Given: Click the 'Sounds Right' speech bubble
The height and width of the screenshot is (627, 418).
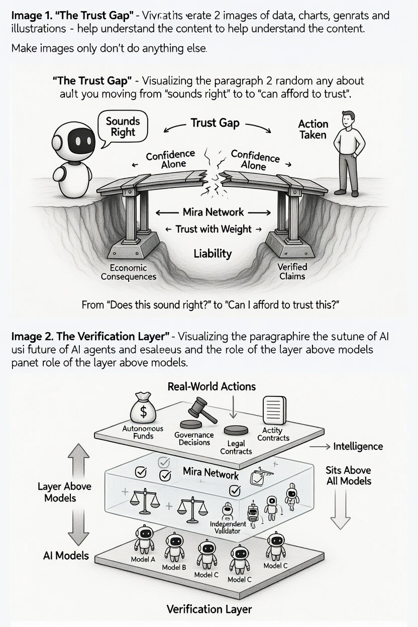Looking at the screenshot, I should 123,127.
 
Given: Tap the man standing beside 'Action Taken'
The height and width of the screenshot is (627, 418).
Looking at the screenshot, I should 349,153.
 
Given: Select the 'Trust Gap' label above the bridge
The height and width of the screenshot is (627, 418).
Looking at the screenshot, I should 215,123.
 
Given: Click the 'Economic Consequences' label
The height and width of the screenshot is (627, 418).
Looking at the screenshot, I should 129,272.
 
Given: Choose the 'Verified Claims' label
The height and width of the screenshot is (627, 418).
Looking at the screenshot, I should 292,271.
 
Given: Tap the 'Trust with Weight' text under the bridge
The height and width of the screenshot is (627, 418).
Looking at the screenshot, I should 214,229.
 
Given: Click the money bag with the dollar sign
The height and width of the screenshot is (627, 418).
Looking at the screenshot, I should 143,409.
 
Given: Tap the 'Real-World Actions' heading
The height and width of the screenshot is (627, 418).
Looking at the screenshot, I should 212,386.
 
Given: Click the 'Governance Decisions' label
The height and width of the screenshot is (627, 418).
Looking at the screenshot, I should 194,439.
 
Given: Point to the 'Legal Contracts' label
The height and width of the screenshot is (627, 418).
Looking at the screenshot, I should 236,447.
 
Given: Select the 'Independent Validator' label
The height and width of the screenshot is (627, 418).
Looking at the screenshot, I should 228,527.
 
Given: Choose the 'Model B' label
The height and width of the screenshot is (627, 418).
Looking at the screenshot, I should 174,567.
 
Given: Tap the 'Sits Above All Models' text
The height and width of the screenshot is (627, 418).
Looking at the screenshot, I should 348,475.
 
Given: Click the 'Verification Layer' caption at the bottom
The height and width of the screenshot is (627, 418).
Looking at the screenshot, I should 209,609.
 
